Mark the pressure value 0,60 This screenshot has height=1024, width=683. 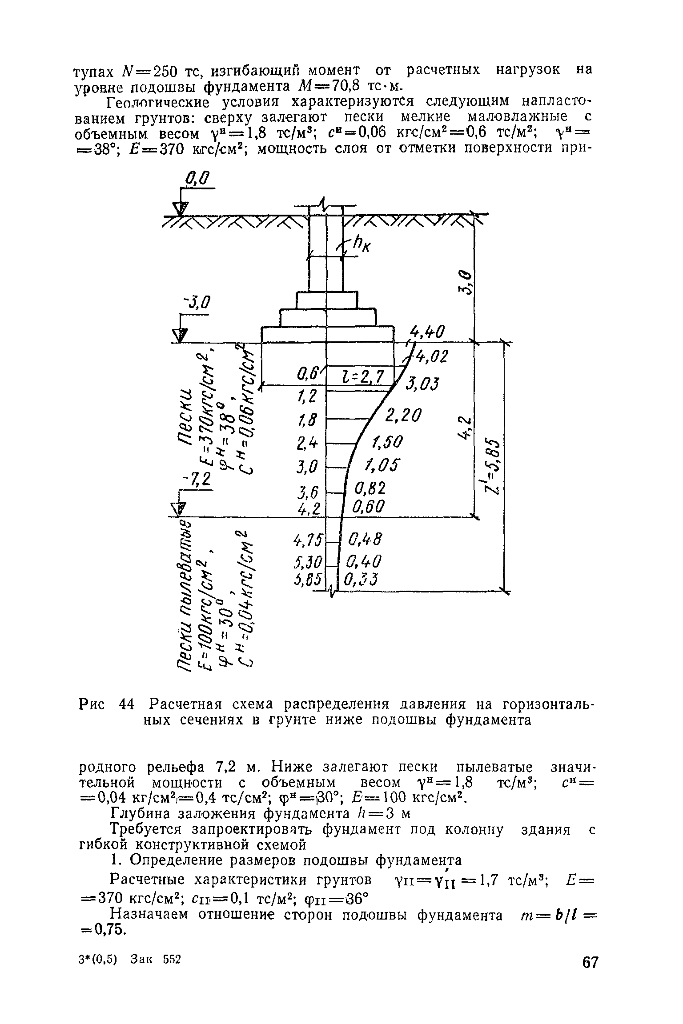tap(369, 507)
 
